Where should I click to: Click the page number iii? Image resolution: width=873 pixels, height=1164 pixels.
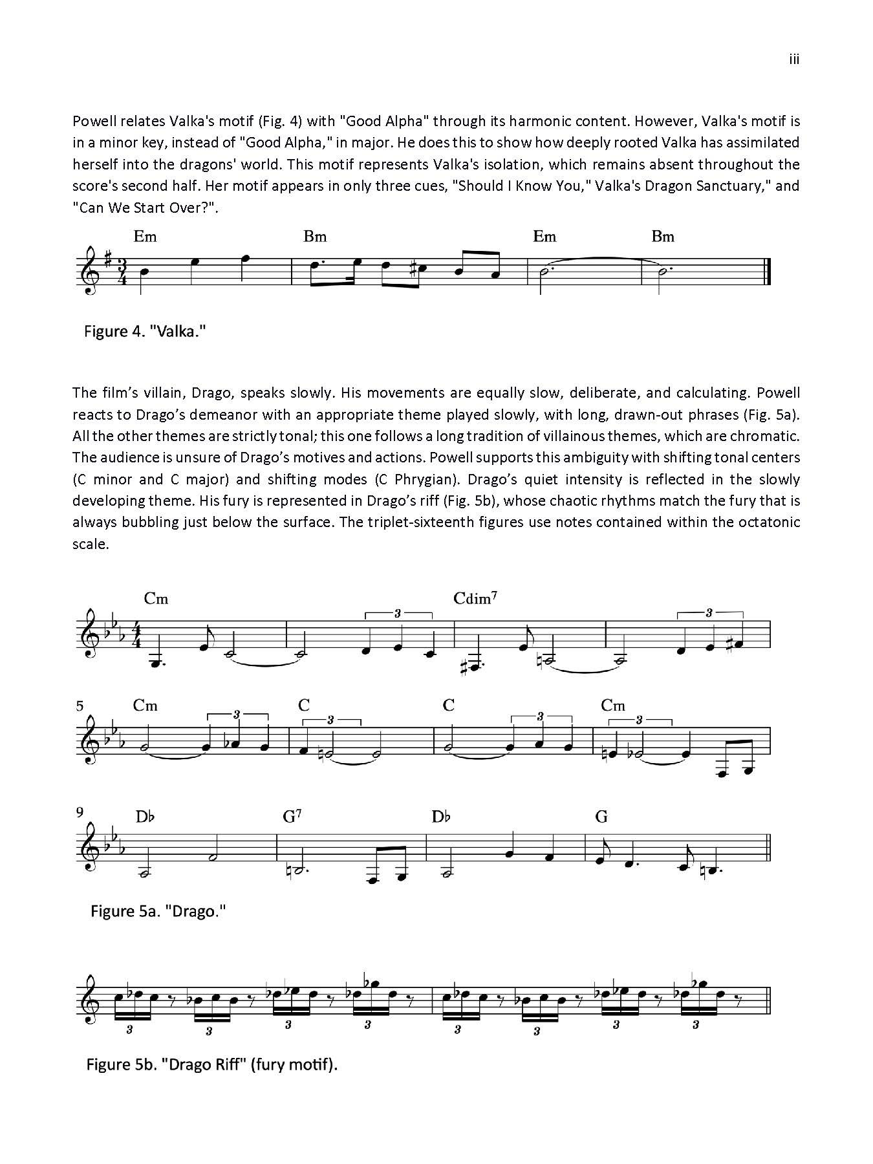794,59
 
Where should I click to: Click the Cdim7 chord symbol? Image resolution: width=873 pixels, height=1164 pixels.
475,598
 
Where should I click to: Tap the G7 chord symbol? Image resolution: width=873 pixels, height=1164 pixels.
292,817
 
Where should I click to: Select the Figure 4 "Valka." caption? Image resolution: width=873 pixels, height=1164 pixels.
145,332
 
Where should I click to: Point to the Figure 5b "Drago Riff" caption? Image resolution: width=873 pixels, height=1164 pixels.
212,1064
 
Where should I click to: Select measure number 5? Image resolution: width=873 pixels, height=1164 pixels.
80,706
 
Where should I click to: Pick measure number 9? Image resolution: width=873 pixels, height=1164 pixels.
80,813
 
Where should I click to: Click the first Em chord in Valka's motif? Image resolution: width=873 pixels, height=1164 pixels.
145,237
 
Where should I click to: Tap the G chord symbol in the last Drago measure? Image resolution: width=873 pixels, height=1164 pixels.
601,817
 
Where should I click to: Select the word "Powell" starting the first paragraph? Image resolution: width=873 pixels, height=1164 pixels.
93,121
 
